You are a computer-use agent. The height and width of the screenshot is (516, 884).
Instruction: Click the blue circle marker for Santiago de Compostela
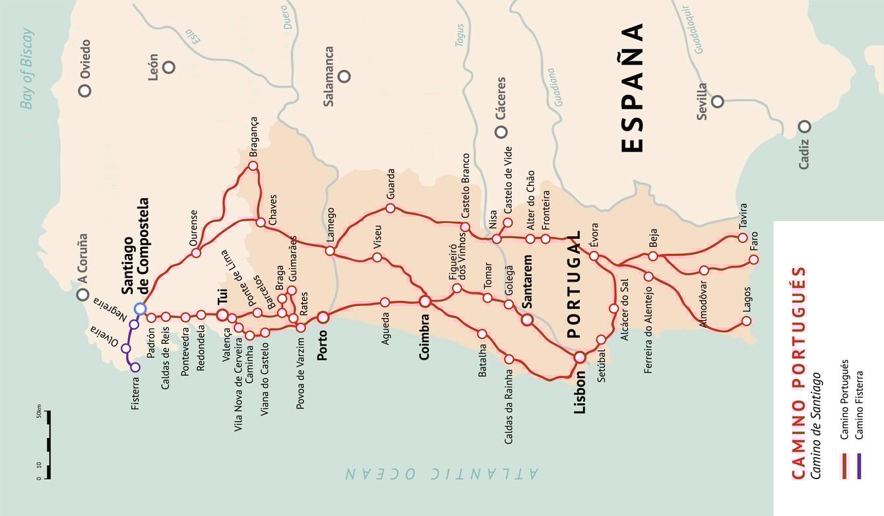point(140,308)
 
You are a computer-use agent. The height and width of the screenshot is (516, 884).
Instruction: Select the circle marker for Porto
point(323,317)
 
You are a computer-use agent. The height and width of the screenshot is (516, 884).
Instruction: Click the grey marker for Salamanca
point(344,76)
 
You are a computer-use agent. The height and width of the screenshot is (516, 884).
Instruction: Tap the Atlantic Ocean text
point(442,472)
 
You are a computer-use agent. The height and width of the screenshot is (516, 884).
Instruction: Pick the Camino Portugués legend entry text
point(844,400)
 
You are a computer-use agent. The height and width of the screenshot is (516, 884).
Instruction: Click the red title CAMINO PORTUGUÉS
point(798,372)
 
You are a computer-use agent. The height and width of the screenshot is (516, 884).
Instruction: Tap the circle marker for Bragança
point(253,166)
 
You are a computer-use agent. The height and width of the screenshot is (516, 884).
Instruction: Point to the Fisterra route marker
point(135,368)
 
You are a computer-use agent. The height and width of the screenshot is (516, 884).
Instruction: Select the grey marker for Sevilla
point(718,101)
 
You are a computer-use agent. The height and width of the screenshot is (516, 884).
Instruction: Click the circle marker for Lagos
point(746,321)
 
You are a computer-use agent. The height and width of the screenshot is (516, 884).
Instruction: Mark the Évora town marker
point(594,255)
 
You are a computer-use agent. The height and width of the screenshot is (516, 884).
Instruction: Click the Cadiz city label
point(804,154)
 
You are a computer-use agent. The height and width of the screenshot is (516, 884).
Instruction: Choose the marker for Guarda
point(390,209)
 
